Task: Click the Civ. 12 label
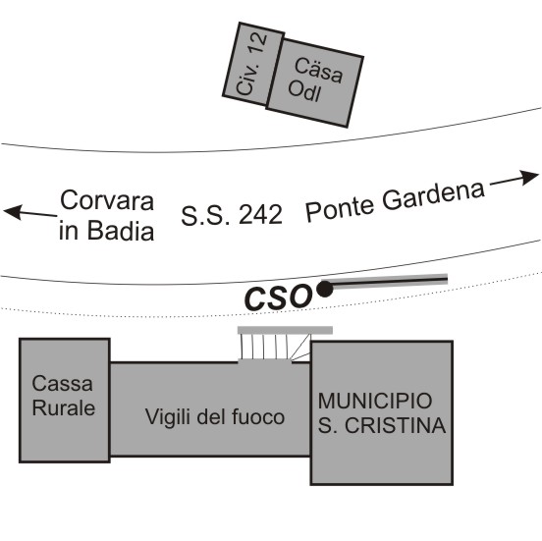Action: (x=251, y=64)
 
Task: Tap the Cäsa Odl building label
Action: (x=315, y=81)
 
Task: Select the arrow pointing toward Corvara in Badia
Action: (x=30, y=212)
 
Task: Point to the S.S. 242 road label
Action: (x=232, y=215)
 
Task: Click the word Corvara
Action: (x=107, y=200)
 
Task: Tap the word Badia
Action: (x=121, y=230)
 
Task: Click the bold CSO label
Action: (x=278, y=298)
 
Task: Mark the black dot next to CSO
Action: (x=325, y=289)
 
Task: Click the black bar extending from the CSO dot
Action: (x=390, y=281)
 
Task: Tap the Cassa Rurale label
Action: (x=63, y=396)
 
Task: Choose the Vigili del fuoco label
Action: (x=215, y=416)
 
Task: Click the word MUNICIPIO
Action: (x=375, y=401)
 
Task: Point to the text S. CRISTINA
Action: (x=382, y=425)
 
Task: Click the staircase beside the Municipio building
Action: (x=275, y=347)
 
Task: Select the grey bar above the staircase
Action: (x=285, y=330)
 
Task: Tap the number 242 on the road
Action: (x=260, y=215)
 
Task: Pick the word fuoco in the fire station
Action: (x=258, y=416)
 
